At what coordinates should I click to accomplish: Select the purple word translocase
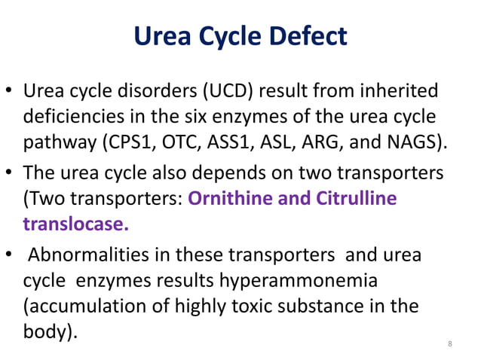coord(75,224)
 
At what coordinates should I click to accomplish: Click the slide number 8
coord(450,344)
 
